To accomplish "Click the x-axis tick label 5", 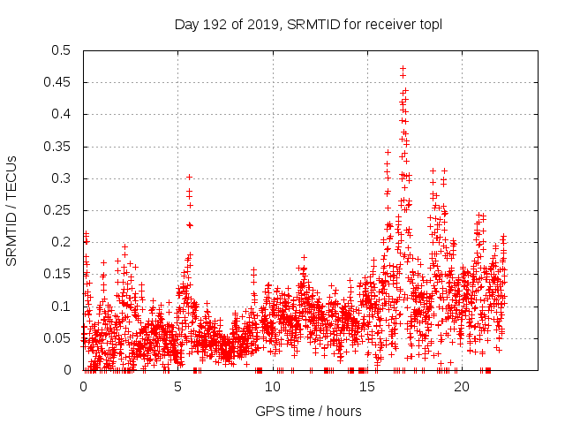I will (178, 388).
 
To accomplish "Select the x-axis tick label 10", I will (273, 388).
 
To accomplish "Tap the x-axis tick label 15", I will (367, 388).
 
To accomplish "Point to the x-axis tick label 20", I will (462, 388).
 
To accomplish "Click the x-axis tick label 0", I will (84, 388).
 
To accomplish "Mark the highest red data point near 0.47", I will (403, 68).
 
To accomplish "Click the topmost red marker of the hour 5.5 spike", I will (189, 177).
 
